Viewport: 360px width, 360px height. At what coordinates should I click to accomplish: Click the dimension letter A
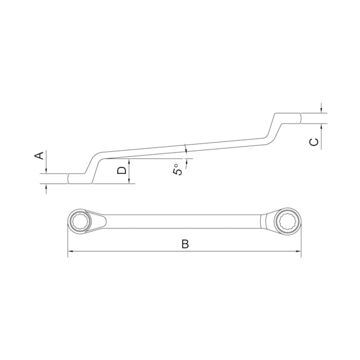(x=39, y=156)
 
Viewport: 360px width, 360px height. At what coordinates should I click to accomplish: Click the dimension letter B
(x=185, y=244)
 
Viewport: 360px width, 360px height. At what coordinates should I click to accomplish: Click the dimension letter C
(x=314, y=142)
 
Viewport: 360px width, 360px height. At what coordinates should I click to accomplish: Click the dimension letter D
(x=122, y=171)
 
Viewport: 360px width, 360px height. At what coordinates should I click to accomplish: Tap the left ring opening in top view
(x=79, y=222)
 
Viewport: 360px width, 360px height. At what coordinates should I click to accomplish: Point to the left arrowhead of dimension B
(x=70, y=251)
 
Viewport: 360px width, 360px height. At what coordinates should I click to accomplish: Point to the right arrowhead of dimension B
(x=298, y=251)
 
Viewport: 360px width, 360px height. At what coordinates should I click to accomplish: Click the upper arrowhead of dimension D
(x=129, y=161)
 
